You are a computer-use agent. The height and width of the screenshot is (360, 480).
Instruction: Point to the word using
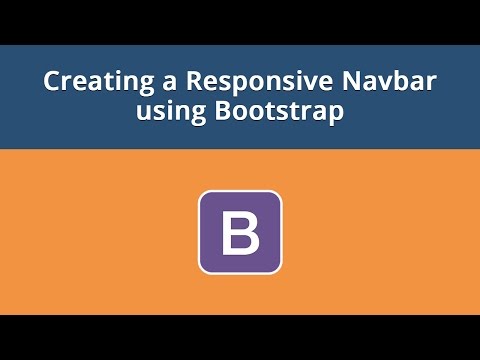[171, 113]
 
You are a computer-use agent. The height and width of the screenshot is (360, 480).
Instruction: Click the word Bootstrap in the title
[281, 112]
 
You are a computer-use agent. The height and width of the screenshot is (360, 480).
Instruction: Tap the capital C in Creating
[52, 83]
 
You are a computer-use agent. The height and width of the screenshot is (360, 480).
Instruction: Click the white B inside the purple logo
[240, 232]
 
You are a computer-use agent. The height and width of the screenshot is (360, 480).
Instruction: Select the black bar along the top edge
[240, 21]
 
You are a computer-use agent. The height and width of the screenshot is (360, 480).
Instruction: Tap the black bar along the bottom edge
[240, 337]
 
